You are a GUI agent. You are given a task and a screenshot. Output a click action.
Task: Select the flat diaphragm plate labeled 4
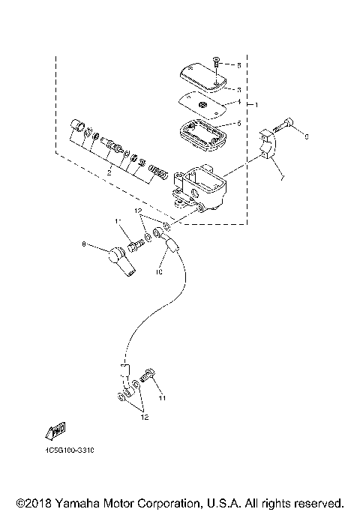tap(202, 104)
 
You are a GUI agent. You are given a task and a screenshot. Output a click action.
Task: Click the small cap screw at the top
tap(216, 61)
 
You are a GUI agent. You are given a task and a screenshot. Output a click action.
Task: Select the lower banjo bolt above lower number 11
tap(148, 374)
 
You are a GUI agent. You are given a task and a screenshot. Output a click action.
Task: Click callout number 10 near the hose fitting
tap(160, 273)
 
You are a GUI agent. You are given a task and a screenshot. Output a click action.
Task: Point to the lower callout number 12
tap(144, 417)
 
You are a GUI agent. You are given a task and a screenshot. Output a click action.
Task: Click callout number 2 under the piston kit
tap(109, 173)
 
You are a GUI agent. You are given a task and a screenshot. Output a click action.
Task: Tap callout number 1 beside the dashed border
tap(257, 102)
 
